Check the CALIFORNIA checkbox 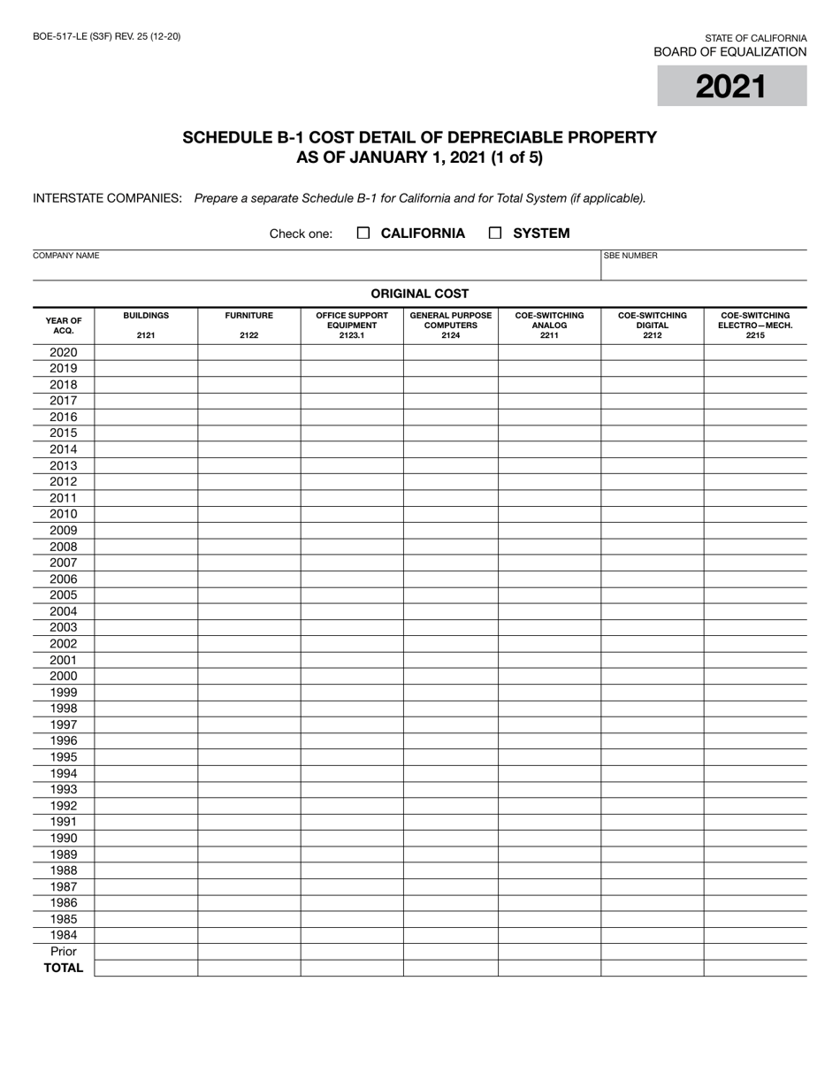(363, 234)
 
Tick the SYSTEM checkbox (495, 234)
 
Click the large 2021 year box (731, 87)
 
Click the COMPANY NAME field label (65, 256)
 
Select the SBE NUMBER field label (630, 256)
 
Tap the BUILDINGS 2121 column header (146, 325)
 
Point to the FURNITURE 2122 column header (248, 325)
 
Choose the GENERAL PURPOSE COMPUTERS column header (450, 325)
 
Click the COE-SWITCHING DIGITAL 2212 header (652, 325)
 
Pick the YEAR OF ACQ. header (64, 325)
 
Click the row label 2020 (64, 352)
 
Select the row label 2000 (64, 676)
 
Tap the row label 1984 (64, 935)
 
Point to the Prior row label (64, 951)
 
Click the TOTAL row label (64, 968)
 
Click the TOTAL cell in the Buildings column (146, 968)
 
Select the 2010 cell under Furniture (248, 514)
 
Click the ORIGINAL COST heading (419, 294)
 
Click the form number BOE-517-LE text (107, 36)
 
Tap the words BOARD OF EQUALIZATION (729, 52)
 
